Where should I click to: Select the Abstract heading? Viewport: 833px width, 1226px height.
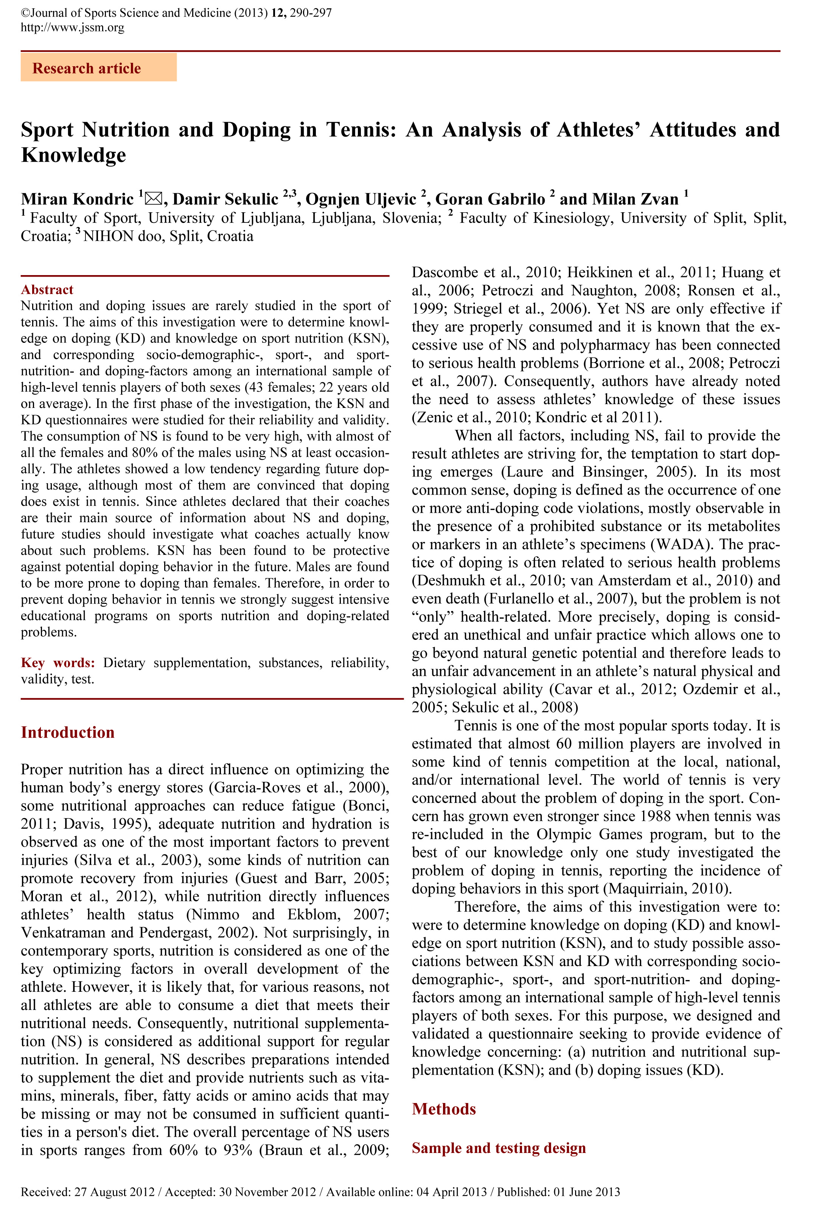pos(47,289)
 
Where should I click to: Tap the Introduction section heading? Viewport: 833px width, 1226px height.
pos(68,732)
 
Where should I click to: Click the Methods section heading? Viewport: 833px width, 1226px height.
pos(444,1108)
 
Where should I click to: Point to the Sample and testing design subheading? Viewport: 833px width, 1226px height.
pos(499,1148)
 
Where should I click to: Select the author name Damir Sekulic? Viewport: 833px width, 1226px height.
pos(225,199)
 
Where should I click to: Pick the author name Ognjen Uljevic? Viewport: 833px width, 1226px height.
pos(361,199)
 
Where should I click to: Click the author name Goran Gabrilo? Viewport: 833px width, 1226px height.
pos(490,199)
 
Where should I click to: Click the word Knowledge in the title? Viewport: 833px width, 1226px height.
pos(74,155)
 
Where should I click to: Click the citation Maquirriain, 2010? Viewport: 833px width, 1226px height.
pos(668,888)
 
